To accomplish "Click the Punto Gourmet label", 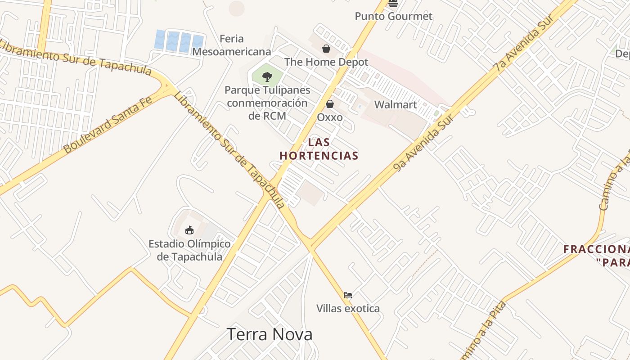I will tap(393, 16).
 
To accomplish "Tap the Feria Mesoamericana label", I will tap(231, 45).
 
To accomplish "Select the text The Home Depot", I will tap(326, 62).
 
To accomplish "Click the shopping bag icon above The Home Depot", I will tap(326, 49).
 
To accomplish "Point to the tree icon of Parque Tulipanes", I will tap(267, 76).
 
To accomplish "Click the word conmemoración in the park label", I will tap(267, 103).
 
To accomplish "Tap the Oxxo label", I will tap(330, 117).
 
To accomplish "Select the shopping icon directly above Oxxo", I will tap(330, 104).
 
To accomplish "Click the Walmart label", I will tap(396, 105).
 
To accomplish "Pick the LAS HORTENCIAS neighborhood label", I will tap(319, 149).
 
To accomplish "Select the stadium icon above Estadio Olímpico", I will tap(189, 230).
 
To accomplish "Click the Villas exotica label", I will tap(348, 309).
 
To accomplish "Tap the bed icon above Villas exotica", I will tap(348, 295).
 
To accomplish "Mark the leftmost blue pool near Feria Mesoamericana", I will tap(160, 40).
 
